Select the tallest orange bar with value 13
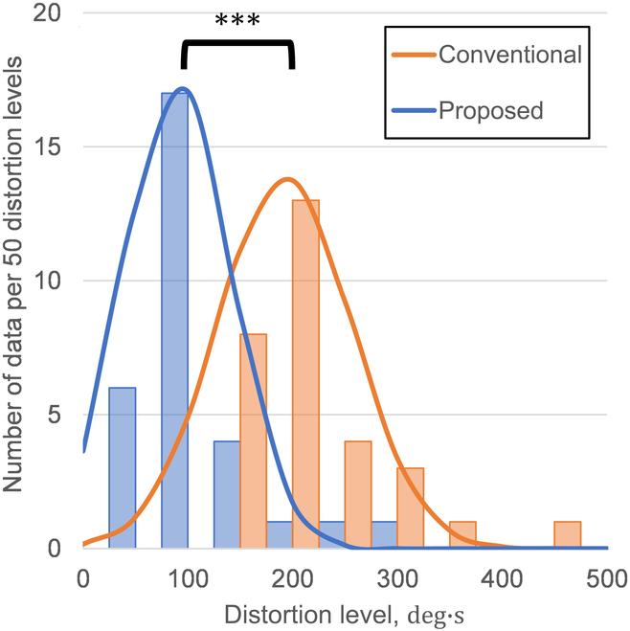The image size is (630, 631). click(x=305, y=374)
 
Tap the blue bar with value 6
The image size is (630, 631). click(x=123, y=468)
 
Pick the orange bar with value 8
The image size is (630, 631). click(x=253, y=441)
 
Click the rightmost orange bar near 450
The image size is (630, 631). click(x=567, y=535)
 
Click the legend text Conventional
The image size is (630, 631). click(x=509, y=55)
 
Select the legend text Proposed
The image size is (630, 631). click(x=490, y=109)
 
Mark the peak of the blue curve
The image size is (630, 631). click(x=182, y=89)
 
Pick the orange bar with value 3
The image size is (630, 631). click(x=410, y=508)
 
